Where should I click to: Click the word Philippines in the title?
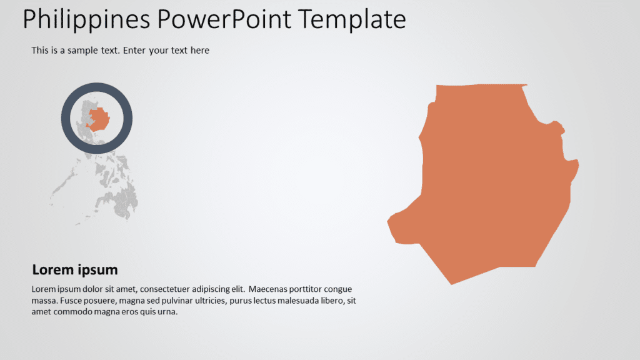[87, 20]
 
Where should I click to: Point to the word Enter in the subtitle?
[135, 51]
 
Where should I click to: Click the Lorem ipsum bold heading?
[75, 270]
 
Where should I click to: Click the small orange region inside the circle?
[99, 117]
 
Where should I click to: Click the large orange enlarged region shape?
[494, 181]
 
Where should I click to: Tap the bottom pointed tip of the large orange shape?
[452, 283]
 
